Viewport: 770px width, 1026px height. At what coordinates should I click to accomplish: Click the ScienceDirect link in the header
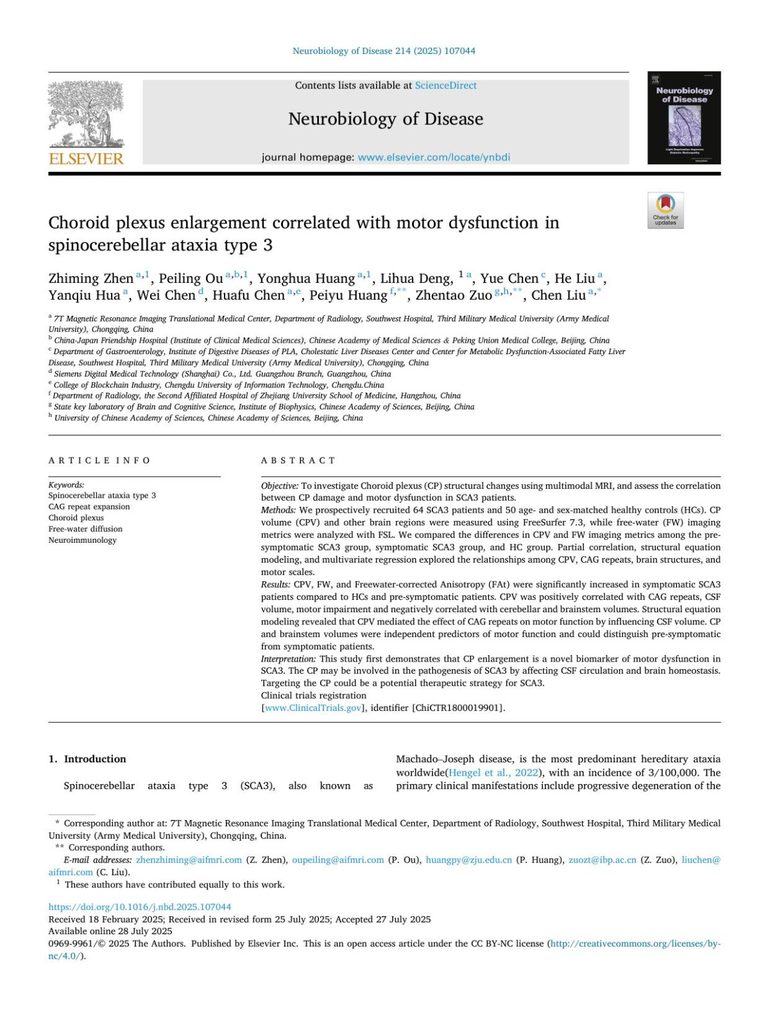[445, 85]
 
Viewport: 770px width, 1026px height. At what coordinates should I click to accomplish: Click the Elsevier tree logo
[86, 115]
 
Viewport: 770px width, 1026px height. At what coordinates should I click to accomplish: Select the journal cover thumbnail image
[684, 118]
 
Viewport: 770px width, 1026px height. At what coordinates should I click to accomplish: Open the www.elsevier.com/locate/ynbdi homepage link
[434, 157]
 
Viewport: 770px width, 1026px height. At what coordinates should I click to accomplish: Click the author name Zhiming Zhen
[90, 278]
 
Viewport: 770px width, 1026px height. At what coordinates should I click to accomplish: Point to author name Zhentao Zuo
[454, 295]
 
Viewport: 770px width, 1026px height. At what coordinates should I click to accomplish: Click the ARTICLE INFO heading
[99, 461]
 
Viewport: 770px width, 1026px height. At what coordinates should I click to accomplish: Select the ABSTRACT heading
[298, 461]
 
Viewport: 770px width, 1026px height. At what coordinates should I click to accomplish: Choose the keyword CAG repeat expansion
[89, 507]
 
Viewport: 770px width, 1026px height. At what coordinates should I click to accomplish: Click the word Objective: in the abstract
[280, 486]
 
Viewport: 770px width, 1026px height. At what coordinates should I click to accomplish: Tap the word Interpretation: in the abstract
[289, 659]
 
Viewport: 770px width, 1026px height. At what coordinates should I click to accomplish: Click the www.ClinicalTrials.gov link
[313, 708]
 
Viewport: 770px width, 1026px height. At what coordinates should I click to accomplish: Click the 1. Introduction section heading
[87, 759]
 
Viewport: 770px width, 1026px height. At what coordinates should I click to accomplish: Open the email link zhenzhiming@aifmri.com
[189, 860]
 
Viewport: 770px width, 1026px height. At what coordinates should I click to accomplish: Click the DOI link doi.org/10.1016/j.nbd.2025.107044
[140, 907]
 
